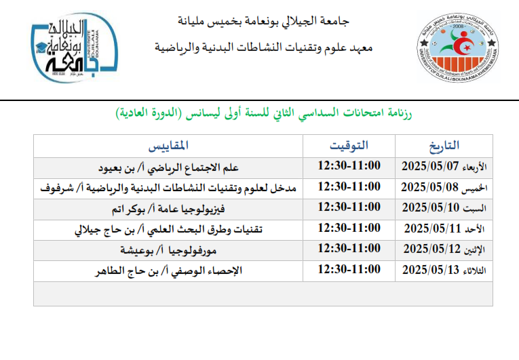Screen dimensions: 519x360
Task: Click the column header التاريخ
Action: point(444,146)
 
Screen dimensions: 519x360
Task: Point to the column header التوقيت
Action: point(349,146)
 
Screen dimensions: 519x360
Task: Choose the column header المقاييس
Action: point(168,146)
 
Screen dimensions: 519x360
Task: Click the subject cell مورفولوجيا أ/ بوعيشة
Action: point(168,250)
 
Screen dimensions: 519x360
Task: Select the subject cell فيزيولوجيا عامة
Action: point(168,209)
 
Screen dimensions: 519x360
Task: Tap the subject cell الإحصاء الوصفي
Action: point(169,271)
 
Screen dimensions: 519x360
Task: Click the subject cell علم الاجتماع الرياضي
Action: point(168,168)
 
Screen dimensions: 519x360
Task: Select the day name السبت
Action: point(474,208)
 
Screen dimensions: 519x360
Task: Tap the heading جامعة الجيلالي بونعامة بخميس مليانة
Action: point(263,21)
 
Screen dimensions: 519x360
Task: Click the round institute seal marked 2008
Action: point(458,47)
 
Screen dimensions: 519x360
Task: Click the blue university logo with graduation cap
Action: point(75,47)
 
